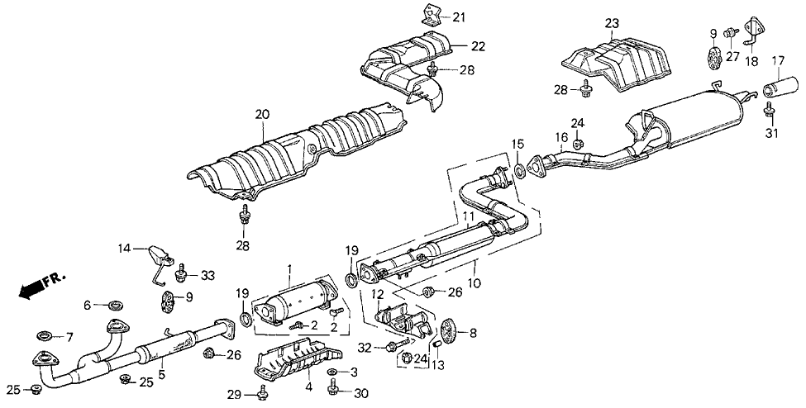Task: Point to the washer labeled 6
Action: pos(112,306)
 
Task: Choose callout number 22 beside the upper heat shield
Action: pos(456,46)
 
